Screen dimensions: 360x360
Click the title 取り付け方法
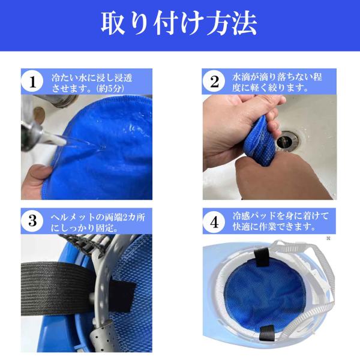tap(179, 23)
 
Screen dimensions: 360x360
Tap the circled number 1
tap(32, 81)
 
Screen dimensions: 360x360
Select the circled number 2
tap(214, 81)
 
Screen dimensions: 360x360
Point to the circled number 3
tap(32, 221)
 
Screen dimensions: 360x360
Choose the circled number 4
tap(214, 222)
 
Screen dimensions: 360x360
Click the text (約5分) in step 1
tap(111, 88)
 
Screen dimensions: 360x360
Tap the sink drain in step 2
tap(287, 140)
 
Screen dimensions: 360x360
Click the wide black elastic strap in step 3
tap(58, 289)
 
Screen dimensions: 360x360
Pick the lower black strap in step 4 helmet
tap(267, 333)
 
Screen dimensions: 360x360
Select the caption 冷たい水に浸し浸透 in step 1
tap(92, 78)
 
